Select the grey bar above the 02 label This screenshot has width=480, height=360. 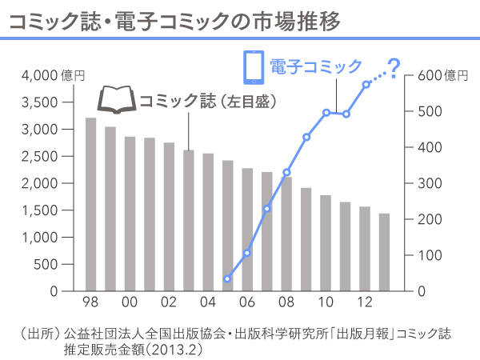click(x=169, y=217)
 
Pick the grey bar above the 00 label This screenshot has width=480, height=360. click(x=130, y=214)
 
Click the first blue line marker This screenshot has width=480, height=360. click(x=227, y=279)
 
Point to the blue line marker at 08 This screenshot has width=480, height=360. click(x=286, y=173)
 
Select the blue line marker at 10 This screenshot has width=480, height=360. click(x=326, y=113)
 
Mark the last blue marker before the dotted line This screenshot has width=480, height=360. click(x=366, y=84)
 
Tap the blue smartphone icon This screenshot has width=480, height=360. click(x=253, y=66)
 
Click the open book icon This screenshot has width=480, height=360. click(x=117, y=100)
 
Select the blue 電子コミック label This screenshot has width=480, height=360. click(x=315, y=66)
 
